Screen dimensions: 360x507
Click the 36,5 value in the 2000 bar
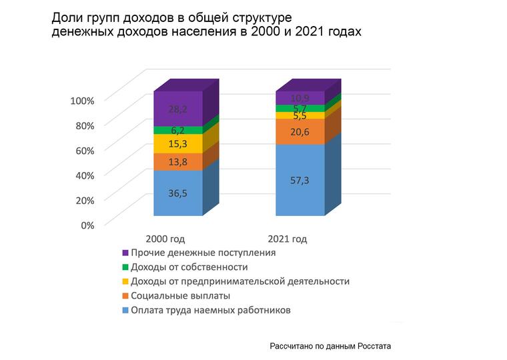(x=177, y=193)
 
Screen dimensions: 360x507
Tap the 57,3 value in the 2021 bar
(x=300, y=181)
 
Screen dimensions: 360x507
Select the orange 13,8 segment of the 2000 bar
(x=177, y=162)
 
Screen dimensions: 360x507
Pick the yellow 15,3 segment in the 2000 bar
(x=177, y=144)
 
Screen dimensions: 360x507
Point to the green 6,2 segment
(x=177, y=131)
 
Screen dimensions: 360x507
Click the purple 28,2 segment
(x=177, y=109)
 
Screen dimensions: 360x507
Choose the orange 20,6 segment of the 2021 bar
(x=300, y=132)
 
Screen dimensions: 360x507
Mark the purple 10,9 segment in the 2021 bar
(x=300, y=99)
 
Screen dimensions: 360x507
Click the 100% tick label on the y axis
(x=83, y=100)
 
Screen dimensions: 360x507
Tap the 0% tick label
(x=87, y=225)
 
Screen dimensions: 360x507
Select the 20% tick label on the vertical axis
(x=85, y=200)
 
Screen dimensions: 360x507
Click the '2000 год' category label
(x=165, y=239)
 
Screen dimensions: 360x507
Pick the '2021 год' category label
(x=287, y=239)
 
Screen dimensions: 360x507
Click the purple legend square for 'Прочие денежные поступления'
(x=125, y=253)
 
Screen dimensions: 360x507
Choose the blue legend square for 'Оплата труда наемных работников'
(x=125, y=311)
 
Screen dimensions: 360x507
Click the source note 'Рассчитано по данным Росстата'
(x=330, y=347)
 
